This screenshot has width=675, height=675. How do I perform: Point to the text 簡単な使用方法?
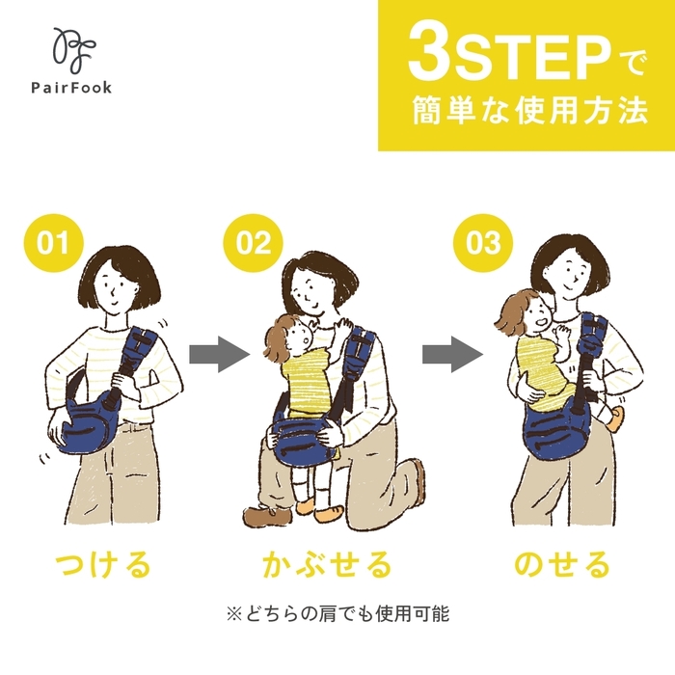pyautogui.click(x=525, y=110)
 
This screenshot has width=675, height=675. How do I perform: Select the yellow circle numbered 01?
pyautogui.click(x=54, y=242)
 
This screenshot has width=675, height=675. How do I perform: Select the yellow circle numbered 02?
pyautogui.click(x=254, y=242)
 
